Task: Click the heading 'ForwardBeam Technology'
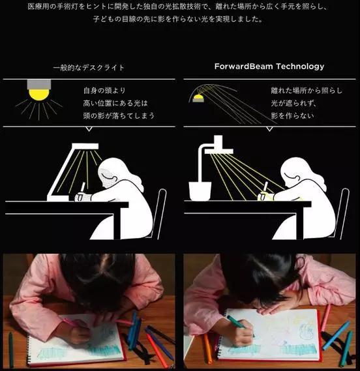click(269, 67)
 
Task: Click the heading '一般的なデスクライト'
click(89, 68)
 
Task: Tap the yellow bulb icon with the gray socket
click(39, 90)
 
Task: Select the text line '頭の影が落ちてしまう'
click(119, 115)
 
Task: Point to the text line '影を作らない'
click(293, 115)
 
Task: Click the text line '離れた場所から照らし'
click(307, 91)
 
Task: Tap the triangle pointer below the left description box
click(89, 129)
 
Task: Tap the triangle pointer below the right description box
click(269, 129)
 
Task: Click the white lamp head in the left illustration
click(85, 146)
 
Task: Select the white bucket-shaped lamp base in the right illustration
click(200, 191)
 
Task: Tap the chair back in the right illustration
click(342, 213)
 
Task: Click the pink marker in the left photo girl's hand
click(71, 322)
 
